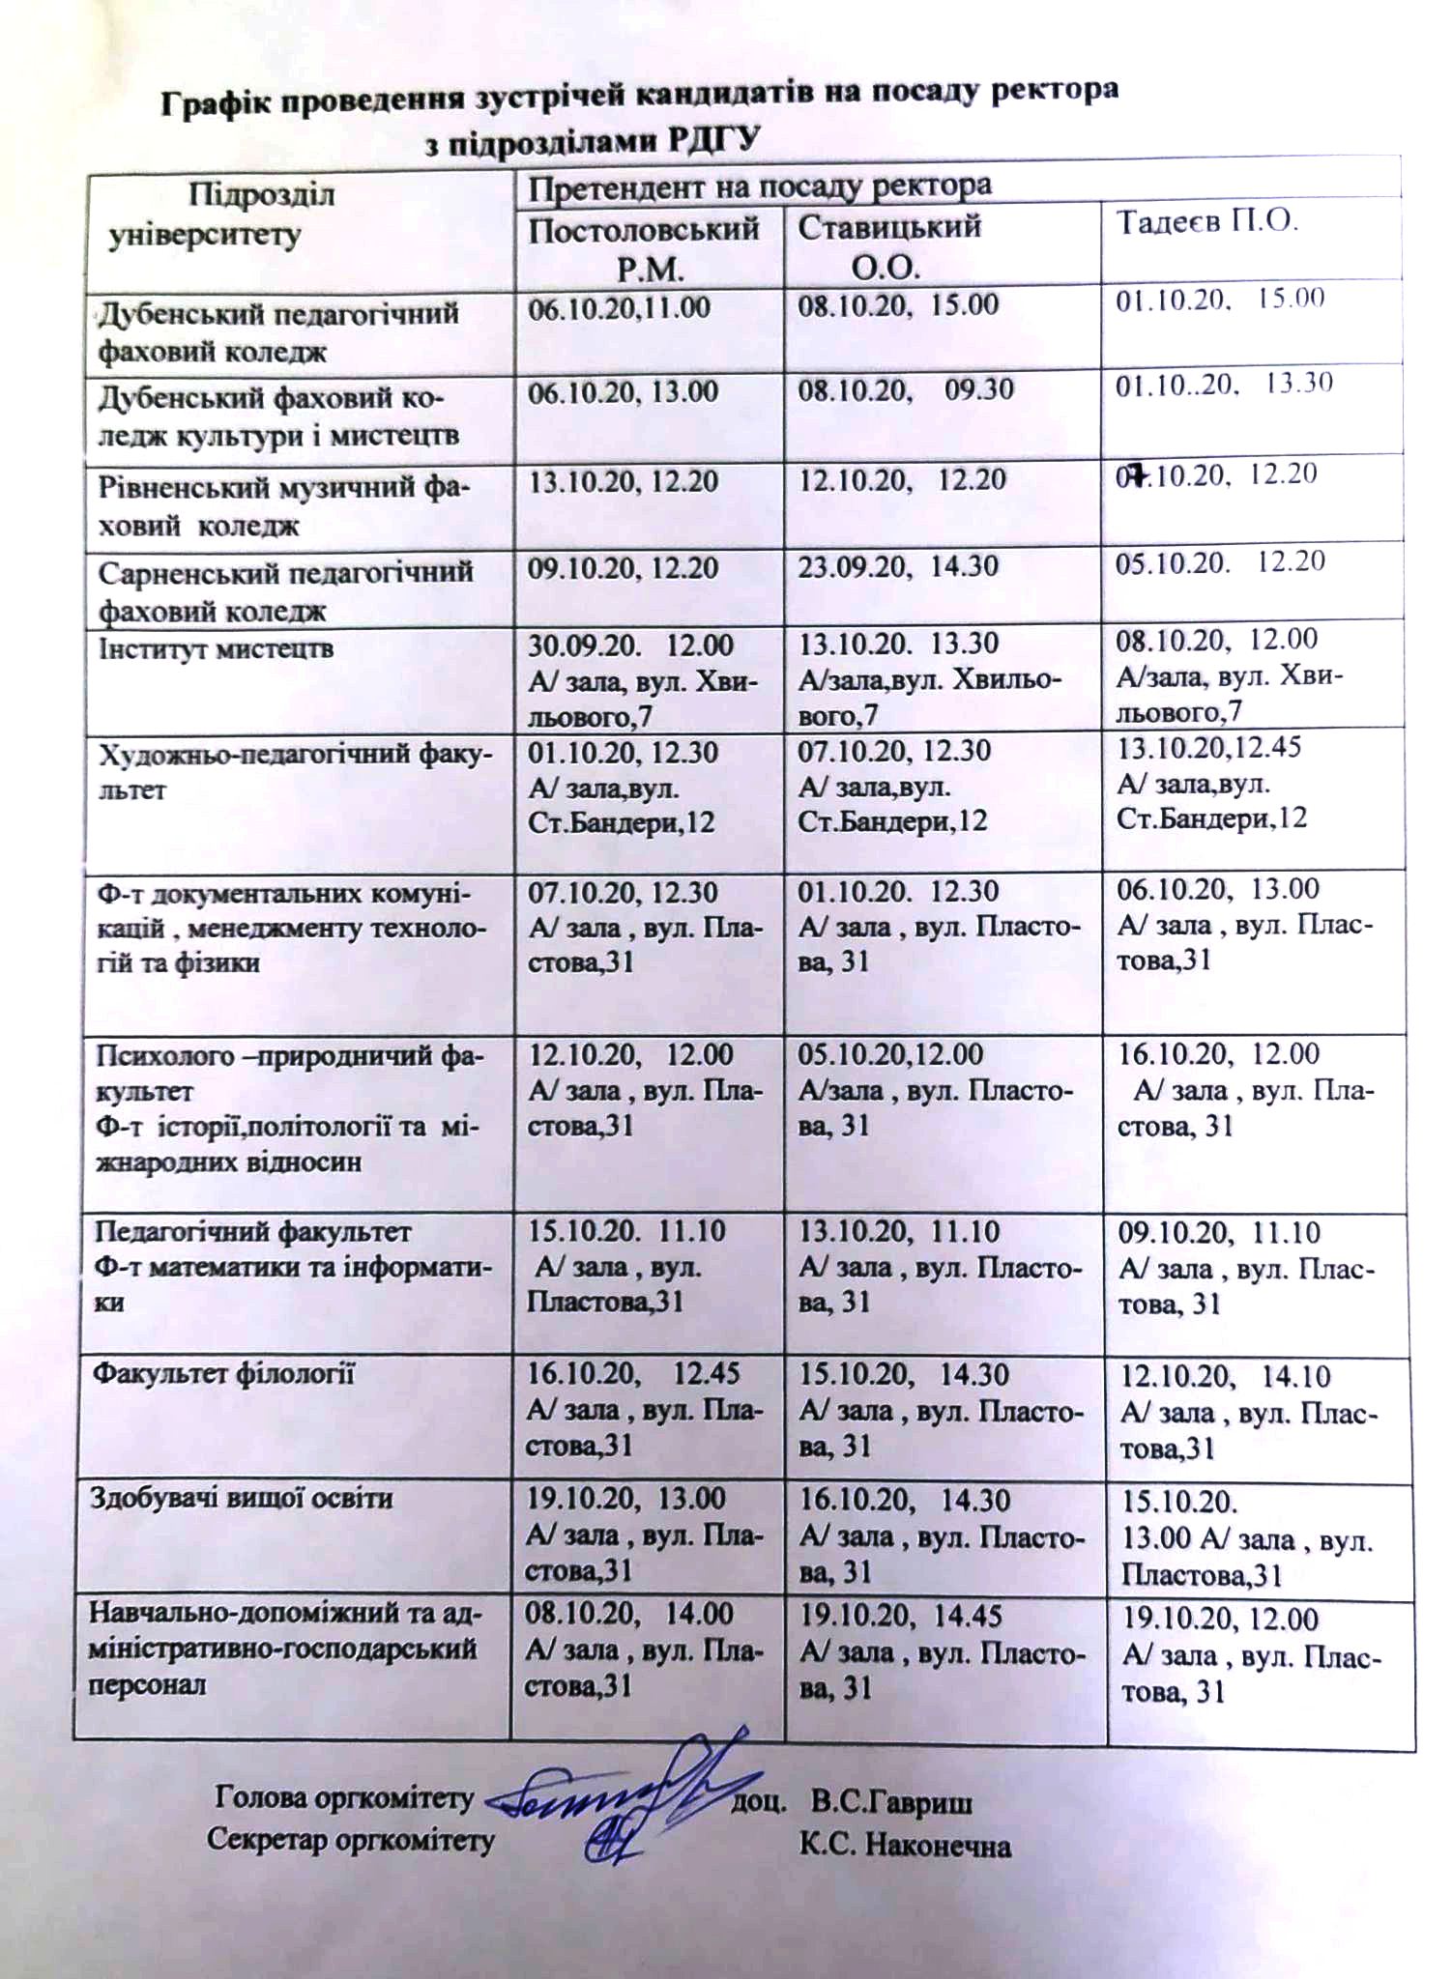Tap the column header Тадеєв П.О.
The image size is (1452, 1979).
click(x=1206, y=222)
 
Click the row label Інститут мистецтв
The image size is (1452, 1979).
click(x=216, y=648)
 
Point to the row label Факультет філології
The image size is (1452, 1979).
click(x=223, y=1374)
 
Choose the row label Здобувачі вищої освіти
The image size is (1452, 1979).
click(x=242, y=1499)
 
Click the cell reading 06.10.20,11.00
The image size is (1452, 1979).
click(x=619, y=308)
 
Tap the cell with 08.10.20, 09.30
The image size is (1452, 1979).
click(x=905, y=389)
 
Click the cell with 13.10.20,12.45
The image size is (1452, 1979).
click(x=1209, y=747)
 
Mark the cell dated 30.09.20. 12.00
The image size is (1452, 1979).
click(x=630, y=645)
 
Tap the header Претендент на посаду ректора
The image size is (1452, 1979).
click(x=759, y=185)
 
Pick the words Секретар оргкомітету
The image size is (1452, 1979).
click(x=350, y=1840)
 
